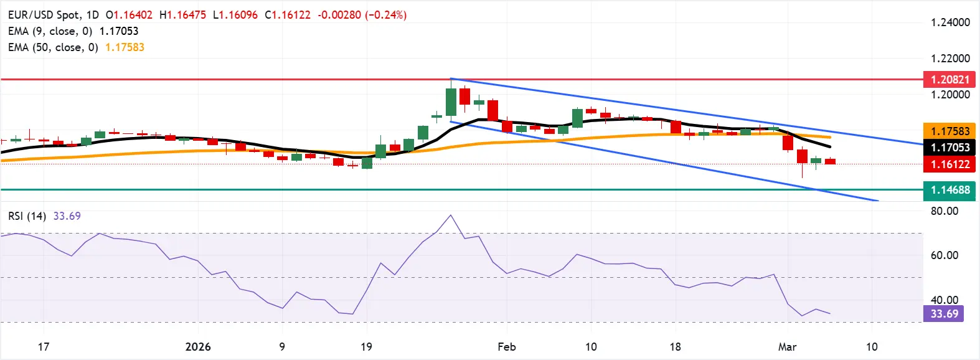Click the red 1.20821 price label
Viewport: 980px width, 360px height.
949,80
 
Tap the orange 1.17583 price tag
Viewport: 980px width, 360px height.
949,131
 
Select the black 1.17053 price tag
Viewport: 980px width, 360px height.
949,148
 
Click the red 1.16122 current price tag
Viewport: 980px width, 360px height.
949,164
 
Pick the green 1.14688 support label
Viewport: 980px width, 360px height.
949,190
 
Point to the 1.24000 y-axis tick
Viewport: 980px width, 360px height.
950,22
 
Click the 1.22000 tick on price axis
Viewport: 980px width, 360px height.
950,59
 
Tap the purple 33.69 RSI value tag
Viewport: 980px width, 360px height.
944,313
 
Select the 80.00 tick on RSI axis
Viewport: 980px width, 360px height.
944,211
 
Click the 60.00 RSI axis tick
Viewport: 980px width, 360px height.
944,255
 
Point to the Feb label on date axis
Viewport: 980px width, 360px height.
507,347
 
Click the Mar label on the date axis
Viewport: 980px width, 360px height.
787,347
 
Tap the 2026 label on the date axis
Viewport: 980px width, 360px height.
198,347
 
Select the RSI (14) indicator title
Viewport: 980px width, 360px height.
27,216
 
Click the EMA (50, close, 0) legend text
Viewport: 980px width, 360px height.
53,47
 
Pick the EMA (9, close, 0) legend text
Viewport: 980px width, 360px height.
50,31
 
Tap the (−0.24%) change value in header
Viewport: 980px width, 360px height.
385,14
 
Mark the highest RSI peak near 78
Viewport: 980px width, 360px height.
450,216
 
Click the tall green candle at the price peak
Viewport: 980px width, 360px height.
451,102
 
